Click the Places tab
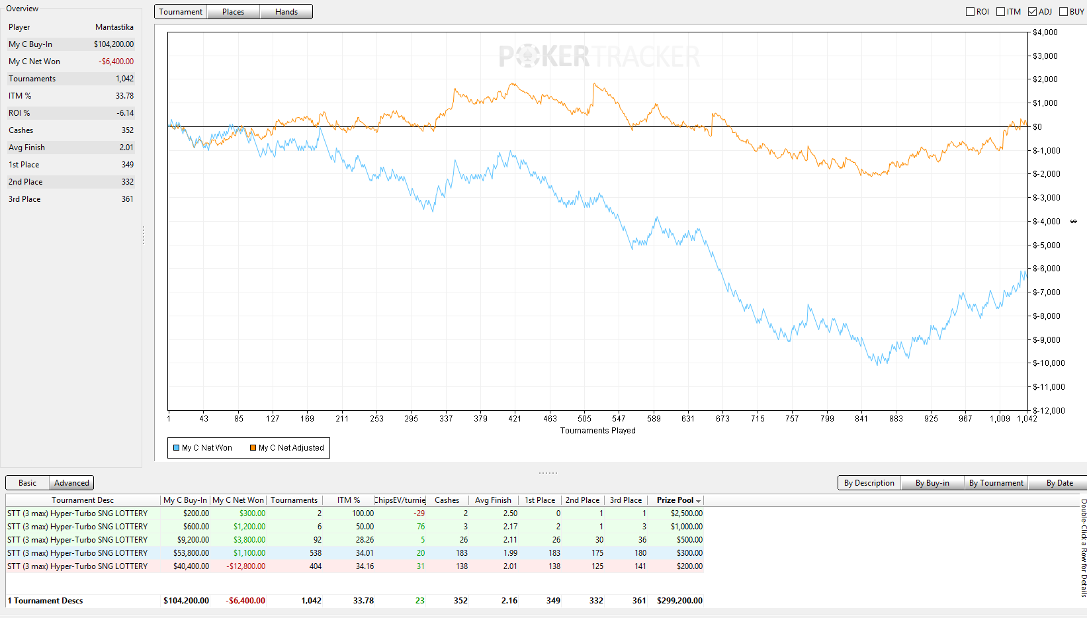coord(233,12)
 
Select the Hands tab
coord(286,12)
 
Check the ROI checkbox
coord(970,12)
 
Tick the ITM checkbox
coord(1000,12)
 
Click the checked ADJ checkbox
coord(1032,12)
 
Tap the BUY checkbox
coord(1063,12)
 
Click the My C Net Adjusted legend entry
coord(286,447)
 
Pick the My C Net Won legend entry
coord(202,447)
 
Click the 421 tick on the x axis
coord(514,418)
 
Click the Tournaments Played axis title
coord(598,431)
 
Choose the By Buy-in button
coord(932,482)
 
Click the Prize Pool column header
coord(675,500)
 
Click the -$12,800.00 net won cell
coord(245,566)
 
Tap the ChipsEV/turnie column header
coord(400,500)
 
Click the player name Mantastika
coord(114,27)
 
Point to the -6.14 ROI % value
coord(125,113)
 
